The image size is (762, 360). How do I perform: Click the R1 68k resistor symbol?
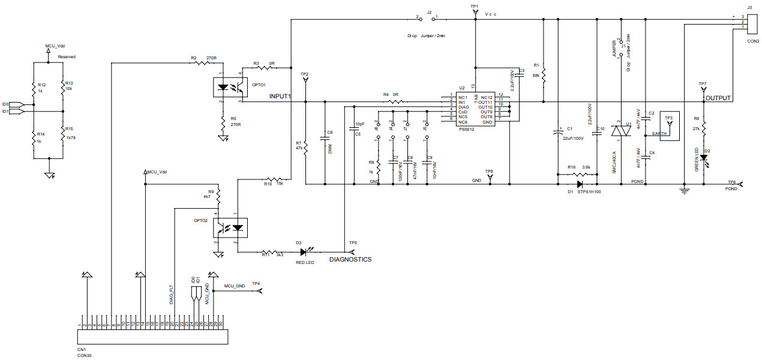542,76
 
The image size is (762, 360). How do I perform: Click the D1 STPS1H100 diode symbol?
580,184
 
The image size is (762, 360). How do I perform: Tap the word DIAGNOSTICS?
350,260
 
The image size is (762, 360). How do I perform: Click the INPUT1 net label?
280,96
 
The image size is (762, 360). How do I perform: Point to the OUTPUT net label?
718,98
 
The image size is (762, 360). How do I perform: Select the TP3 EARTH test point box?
670,125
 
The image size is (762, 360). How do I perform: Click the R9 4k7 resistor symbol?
218,196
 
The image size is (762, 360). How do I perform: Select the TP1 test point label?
474,6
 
